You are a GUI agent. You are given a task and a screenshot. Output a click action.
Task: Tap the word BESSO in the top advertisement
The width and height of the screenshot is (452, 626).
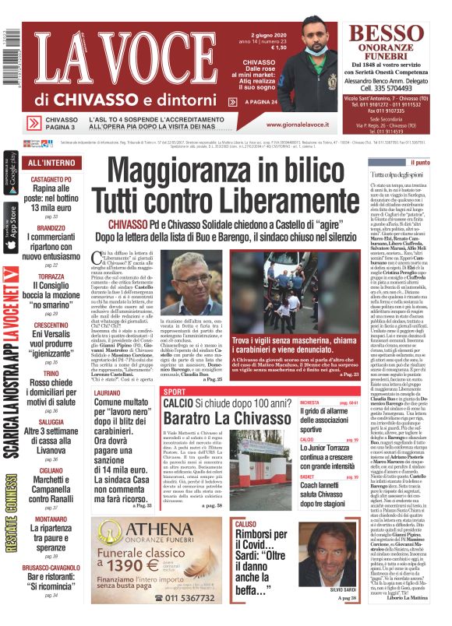click(386, 34)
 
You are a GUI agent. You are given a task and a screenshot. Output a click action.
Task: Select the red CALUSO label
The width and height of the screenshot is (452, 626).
click(246, 525)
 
